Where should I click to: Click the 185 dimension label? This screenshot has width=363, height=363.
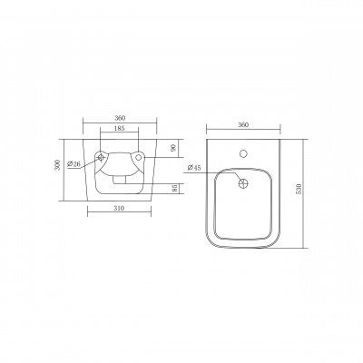[x=120, y=128]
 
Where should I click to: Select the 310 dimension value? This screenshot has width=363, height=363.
[x=120, y=208]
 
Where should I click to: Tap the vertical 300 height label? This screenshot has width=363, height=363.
[x=59, y=164]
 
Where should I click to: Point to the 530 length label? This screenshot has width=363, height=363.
[x=299, y=189]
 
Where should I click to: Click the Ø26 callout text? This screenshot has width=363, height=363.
[x=74, y=164]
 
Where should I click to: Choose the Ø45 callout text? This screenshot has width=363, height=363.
[x=194, y=168]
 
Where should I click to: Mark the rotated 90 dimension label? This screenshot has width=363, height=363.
[x=173, y=148]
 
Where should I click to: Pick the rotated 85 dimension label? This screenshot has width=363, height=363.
[x=173, y=189]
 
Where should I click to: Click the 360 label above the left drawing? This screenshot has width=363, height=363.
[x=120, y=118]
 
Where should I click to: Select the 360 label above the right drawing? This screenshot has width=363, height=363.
[x=243, y=124]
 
